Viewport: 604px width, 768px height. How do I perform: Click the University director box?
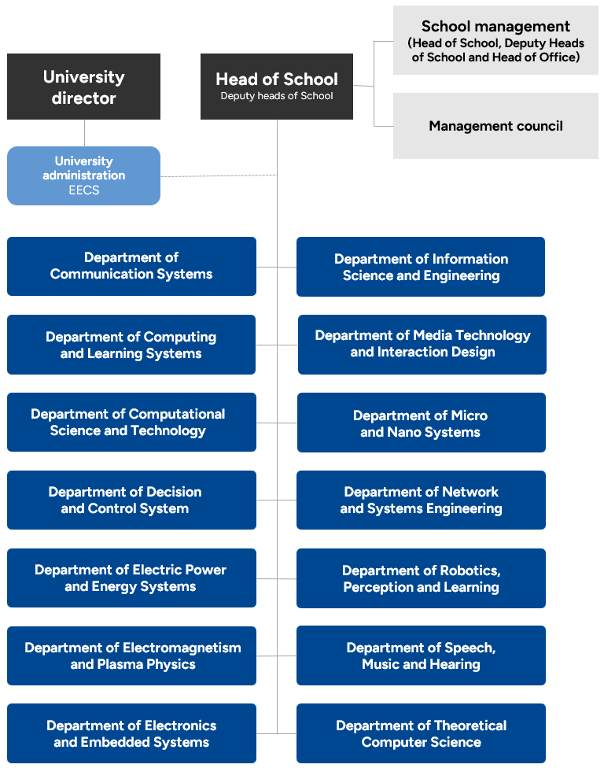83,87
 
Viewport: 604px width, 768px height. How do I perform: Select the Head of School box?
277,87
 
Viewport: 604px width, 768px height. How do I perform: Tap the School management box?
495,41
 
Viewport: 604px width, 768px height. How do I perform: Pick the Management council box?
495,126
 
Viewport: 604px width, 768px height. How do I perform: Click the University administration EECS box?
83,175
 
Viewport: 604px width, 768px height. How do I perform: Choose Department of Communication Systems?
131,266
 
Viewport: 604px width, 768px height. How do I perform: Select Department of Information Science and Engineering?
421,267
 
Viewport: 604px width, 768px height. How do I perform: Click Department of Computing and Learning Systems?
131,345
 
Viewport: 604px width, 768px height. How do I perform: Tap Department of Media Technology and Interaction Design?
422,344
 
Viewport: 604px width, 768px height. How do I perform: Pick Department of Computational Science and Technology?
131,422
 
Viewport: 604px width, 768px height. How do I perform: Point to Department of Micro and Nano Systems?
421,423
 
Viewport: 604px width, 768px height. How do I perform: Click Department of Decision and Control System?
131,500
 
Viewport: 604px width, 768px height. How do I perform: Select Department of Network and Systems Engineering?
421,500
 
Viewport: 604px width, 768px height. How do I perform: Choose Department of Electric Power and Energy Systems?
131,578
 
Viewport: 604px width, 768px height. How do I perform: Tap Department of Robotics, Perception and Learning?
421,578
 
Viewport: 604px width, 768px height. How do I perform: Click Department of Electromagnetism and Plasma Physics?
131,655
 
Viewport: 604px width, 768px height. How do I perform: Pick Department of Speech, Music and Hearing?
421,655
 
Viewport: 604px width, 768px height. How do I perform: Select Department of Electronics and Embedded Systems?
131,733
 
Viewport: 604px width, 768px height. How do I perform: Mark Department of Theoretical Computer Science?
421,733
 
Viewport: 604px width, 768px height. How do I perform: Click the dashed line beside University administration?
219,175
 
